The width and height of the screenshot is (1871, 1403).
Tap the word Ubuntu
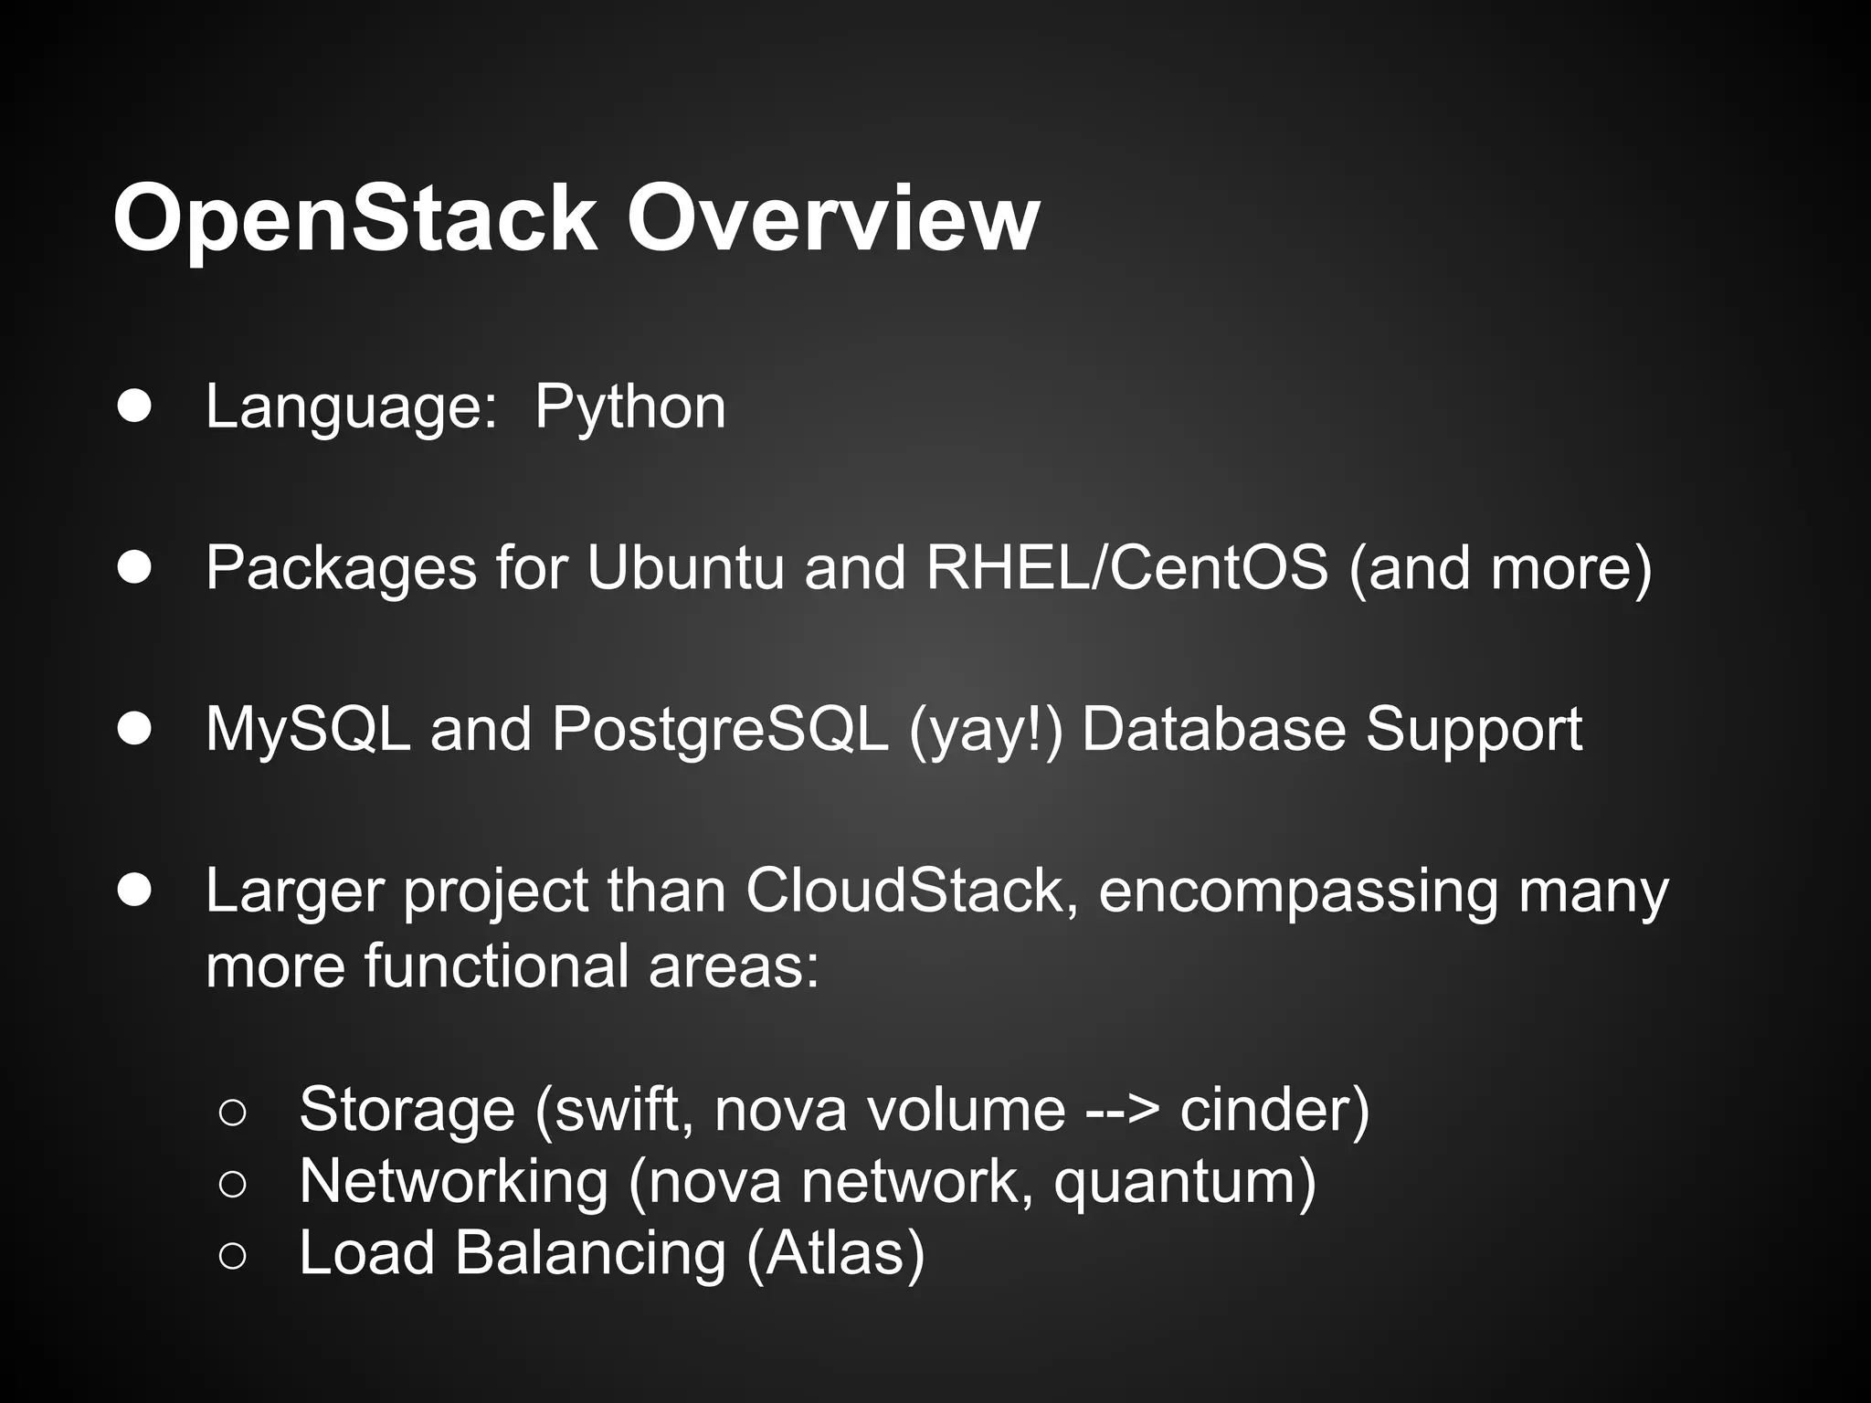[x=685, y=567]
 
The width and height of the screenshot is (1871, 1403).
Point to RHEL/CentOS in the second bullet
[x=1126, y=567]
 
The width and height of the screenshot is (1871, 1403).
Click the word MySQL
[x=308, y=730]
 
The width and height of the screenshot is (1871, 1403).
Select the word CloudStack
[x=905, y=891]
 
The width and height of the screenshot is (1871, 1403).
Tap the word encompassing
[x=1298, y=891]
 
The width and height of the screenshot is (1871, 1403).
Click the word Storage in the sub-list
[x=407, y=1109]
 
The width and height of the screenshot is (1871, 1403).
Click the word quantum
[x=1184, y=1181]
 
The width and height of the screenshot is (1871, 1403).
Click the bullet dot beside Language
[x=134, y=407]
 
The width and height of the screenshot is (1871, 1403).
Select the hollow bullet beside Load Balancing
[x=232, y=1256]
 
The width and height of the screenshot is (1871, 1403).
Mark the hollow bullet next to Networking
[x=232, y=1185]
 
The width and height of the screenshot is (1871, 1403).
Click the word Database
[x=1213, y=730]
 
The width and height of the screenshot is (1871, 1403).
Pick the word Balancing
[x=590, y=1252]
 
